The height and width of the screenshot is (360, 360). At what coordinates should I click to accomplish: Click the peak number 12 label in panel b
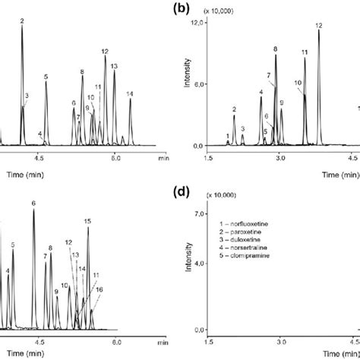[x=319, y=26]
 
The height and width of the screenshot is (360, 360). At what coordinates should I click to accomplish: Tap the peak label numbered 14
[x=130, y=94]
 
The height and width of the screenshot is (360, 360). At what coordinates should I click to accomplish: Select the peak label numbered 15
[x=87, y=221]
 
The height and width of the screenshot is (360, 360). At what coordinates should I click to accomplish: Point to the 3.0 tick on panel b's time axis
[x=280, y=157]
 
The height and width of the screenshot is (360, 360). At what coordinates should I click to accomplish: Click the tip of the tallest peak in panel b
[x=319, y=32]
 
